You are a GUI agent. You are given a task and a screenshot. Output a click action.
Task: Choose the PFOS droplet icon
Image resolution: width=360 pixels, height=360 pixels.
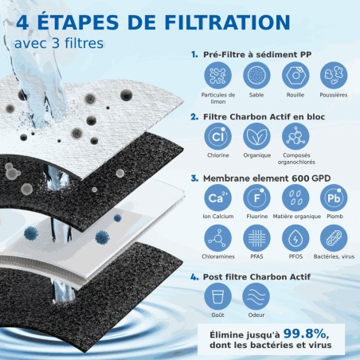coord(293,238)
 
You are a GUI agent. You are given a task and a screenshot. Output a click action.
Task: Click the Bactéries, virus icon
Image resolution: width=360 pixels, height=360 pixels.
coord(334,238)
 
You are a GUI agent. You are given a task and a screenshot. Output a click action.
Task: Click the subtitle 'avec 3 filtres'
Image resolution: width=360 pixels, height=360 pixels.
coord(59,41)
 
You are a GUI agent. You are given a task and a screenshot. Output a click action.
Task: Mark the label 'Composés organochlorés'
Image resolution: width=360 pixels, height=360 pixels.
coord(293,159)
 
